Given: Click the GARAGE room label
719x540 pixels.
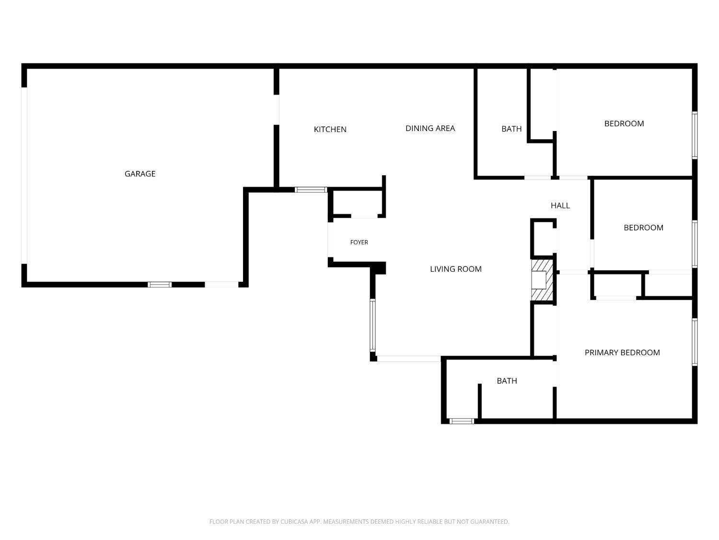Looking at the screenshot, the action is point(140,174).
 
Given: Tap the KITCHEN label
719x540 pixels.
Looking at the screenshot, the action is point(330,130).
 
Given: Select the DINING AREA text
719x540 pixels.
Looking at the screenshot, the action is point(430,129).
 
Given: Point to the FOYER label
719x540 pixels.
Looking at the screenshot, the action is point(359,242).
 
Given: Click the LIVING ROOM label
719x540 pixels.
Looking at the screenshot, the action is point(456,269).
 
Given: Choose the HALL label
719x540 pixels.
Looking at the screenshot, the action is point(560,205).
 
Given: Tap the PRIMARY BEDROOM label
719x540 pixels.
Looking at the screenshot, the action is point(622,353).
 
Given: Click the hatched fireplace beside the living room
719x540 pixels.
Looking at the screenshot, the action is point(542,280).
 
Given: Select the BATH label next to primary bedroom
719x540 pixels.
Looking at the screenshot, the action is point(507,381).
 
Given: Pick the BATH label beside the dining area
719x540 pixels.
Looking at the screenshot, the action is point(511,129).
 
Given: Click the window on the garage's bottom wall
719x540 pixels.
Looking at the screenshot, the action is point(160,285).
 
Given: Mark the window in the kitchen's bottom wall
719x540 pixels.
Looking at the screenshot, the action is point(311,190).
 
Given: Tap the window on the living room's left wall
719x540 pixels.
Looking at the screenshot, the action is point(373,325).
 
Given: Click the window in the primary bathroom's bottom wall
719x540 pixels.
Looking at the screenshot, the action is point(462,421).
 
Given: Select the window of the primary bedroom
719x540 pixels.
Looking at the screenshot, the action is point(695,342).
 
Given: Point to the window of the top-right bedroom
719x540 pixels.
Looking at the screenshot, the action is point(695,135).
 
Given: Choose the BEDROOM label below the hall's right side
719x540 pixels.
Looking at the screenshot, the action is point(643,228).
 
